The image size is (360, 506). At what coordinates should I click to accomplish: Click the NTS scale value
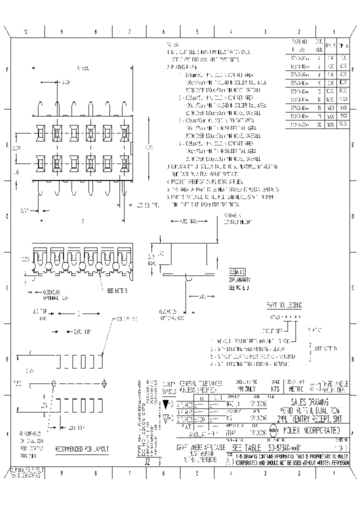(274, 388)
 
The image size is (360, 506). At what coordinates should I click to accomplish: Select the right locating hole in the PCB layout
(103, 384)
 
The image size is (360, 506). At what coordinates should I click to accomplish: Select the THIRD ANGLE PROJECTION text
(334, 385)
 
